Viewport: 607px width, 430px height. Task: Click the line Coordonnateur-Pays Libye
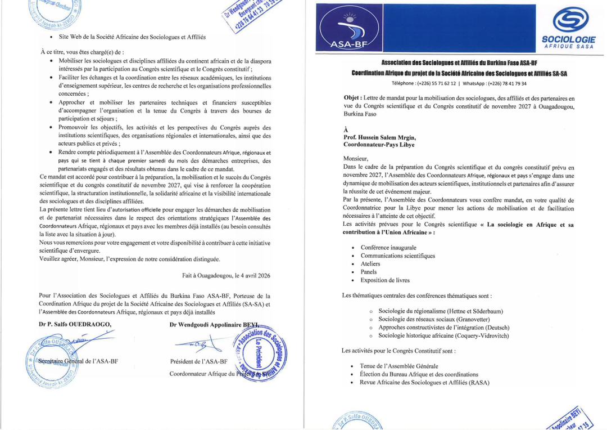pyautogui.click(x=379, y=145)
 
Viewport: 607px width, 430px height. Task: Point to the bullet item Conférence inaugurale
pyautogui.click(x=388, y=247)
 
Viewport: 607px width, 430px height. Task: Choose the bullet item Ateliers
pyautogui.click(x=370, y=263)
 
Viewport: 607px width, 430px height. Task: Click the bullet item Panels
pyautogui.click(x=369, y=272)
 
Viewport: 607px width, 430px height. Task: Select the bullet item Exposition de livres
pyautogui.click(x=385, y=280)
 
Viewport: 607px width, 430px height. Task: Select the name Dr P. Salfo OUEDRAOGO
pyautogui.click(x=75, y=324)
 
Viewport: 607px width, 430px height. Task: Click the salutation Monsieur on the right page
pyautogui.click(x=356, y=159)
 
